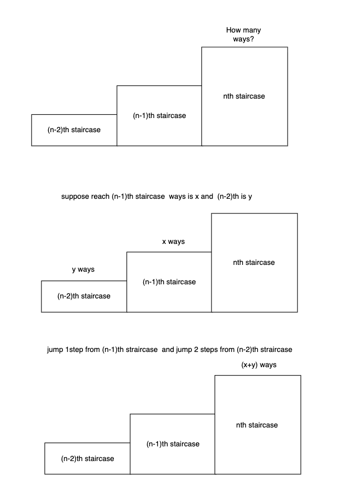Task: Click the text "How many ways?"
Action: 243,35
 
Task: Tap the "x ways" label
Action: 173,242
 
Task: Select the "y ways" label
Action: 83,270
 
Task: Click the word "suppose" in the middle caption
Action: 75,197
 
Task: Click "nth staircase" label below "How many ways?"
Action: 244,97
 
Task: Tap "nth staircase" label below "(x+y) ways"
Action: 257,425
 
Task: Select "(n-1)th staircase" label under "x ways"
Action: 169,282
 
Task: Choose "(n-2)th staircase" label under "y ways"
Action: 84,296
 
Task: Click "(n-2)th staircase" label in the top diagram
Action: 74,130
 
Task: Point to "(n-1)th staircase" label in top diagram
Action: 159,115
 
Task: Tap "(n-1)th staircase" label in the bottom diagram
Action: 173,444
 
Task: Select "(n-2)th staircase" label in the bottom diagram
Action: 87,458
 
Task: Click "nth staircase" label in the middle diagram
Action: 253,262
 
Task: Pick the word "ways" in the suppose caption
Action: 177,197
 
